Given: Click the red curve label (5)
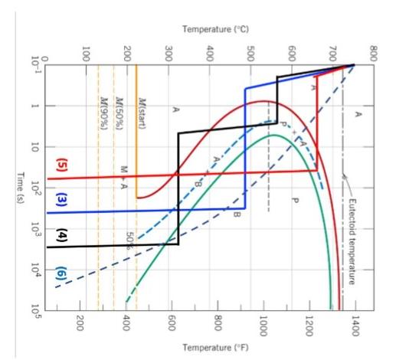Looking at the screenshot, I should tap(61, 165).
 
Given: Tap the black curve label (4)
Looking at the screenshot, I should tap(61, 236).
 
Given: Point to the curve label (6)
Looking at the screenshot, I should tap(61, 273).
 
